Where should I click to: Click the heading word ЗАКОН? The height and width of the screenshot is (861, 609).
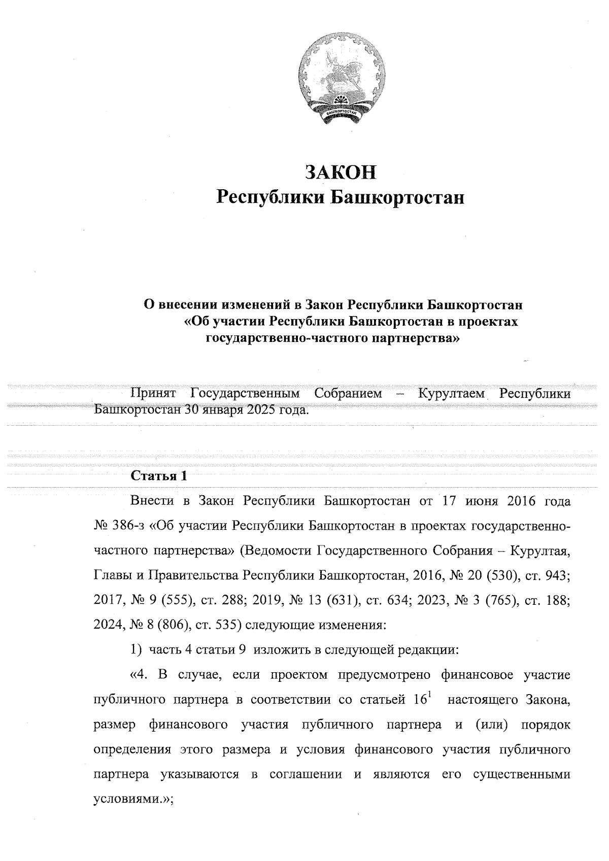pos(340,173)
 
